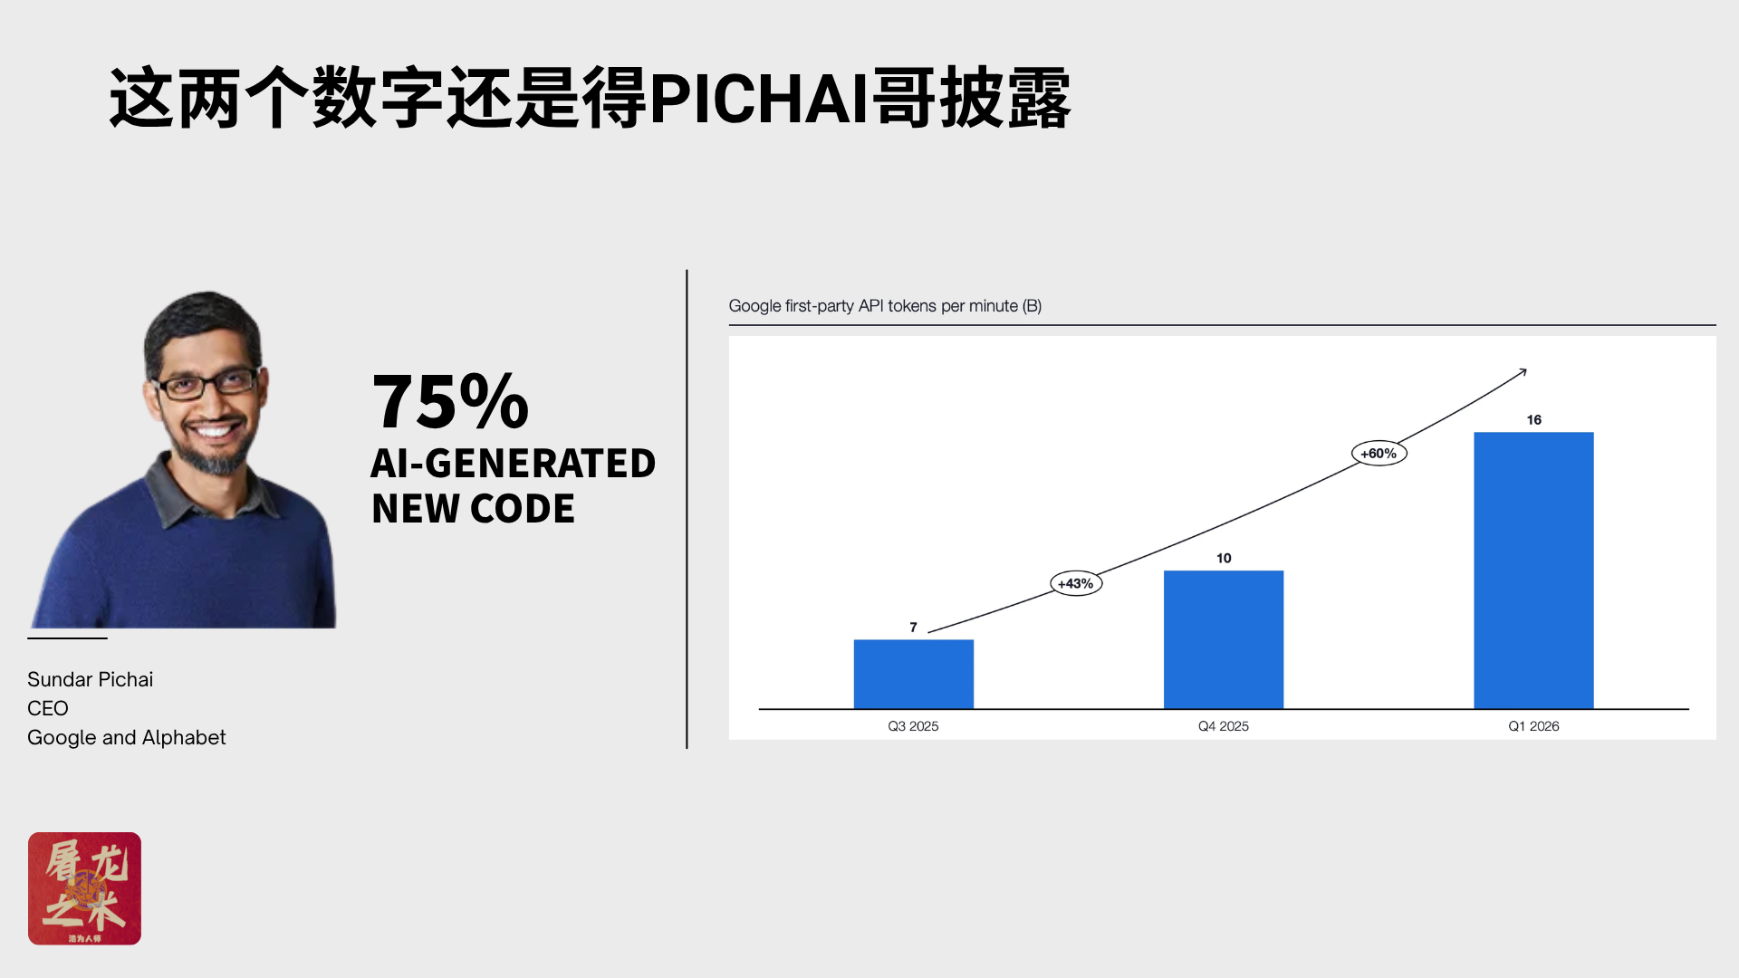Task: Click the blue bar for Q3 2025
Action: coord(913,674)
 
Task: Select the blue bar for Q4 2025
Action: coord(1224,639)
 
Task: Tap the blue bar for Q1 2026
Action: coord(1533,570)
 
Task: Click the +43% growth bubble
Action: coord(1076,584)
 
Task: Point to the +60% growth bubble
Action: coord(1379,453)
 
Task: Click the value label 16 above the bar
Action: coord(1533,420)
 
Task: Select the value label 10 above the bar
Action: coord(1224,559)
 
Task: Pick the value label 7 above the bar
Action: coord(913,628)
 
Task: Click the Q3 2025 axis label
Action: coord(913,726)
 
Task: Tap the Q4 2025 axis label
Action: coord(1224,726)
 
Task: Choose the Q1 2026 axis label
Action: coord(1533,726)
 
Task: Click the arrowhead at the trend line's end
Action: coord(1525,370)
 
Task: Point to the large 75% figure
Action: coord(450,400)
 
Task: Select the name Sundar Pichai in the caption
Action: coord(90,679)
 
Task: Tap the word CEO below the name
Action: coord(48,708)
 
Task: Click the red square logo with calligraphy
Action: coord(84,888)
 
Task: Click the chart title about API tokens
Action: coord(885,306)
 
